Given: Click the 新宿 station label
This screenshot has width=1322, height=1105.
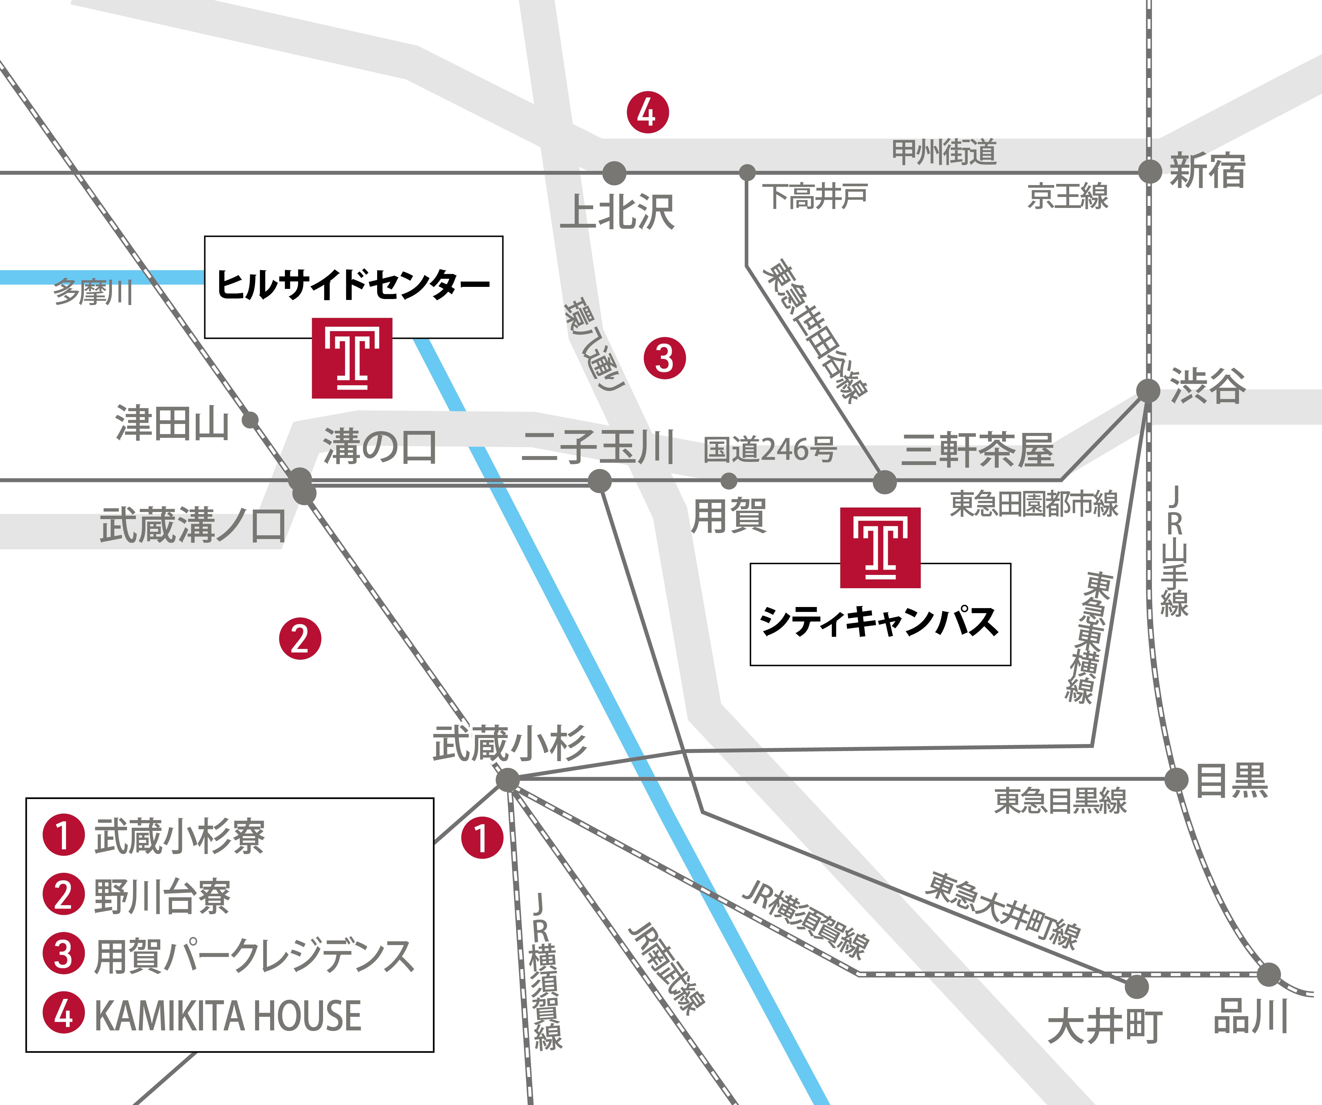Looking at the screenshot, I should point(1207,171).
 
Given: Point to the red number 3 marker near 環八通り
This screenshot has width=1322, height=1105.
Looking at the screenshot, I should point(664,358).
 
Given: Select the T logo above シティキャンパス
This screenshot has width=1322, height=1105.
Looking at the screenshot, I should point(880,547).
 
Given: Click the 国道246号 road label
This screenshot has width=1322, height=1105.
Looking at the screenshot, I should point(769,450).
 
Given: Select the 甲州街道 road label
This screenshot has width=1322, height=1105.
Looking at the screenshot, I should point(944,152).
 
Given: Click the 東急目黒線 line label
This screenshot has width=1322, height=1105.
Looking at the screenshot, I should point(1060,801).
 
